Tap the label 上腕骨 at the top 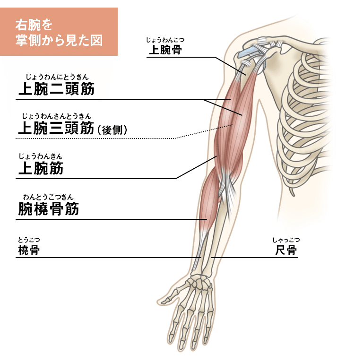[x=165, y=50]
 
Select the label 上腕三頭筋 [x=56, y=128]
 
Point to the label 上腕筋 [x=41, y=168]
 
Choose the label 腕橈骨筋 [x=48, y=208]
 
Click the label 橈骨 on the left [x=29, y=250]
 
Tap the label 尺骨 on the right [x=286, y=250]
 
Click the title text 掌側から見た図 [x=59, y=40]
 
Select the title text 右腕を [x=34, y=25]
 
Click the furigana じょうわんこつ [x=165, y=40]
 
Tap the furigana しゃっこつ [x=286, y=240]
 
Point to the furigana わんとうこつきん [x=48, y=197]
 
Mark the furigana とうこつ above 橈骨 [x=29, y=240]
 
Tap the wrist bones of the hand [x=200, y=282]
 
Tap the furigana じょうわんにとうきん [x=57, y=77]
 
